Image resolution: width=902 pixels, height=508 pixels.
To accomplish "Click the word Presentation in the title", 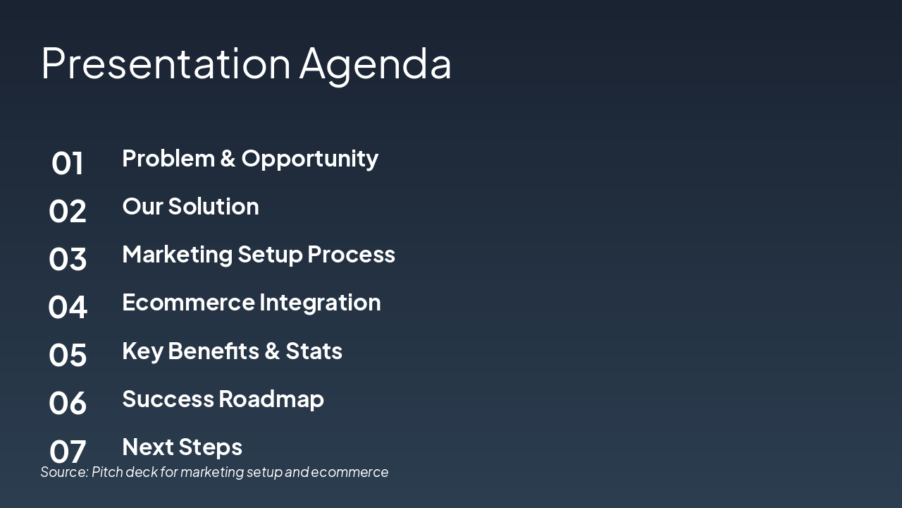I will point(166,64).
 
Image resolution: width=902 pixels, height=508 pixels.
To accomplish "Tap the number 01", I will point(68,163).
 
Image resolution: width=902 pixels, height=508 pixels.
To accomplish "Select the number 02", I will point(68,211).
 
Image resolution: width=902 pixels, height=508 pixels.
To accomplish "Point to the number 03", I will point(68,259).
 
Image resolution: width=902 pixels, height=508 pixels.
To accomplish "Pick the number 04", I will point(68,307).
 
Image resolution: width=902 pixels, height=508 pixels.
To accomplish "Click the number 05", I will point(68,355).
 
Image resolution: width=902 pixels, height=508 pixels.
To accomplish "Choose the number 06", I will point(68,403).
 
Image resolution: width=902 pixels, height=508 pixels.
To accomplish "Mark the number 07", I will point(68,451).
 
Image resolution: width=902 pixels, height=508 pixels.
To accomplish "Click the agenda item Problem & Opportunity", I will point(250,159).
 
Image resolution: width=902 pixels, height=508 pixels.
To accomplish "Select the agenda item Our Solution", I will point(190,207).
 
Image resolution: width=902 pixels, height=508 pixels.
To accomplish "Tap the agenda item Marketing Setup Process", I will point(259,255).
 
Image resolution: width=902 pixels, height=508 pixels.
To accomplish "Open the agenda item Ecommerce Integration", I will point(251,303).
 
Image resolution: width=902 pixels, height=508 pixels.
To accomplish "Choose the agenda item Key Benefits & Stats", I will point(232,351).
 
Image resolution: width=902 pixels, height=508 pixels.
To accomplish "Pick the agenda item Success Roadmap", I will point(223,399).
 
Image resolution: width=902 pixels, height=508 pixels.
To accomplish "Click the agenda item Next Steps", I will point(182,447).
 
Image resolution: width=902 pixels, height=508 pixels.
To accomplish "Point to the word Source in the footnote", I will point(63,472).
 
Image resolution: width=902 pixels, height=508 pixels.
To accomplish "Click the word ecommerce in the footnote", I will point(350,472).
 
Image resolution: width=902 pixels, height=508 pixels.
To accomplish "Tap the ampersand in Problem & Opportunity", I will point(227,159).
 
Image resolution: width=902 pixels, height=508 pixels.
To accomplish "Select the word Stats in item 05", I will point(314,351).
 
